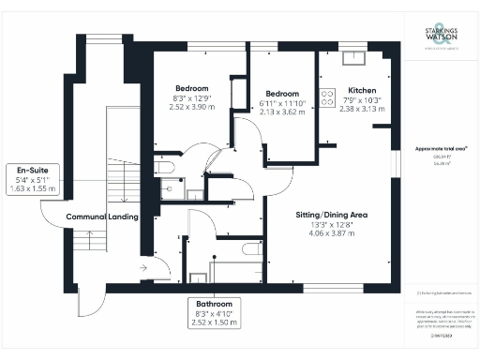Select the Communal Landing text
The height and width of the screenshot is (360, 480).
pyautogui.click(x=102, y=217)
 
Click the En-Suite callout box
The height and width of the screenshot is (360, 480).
pyautogui.click(x=32, y=178)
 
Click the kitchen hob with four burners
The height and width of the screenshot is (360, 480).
pyautogui.click(x=328, y=97)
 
